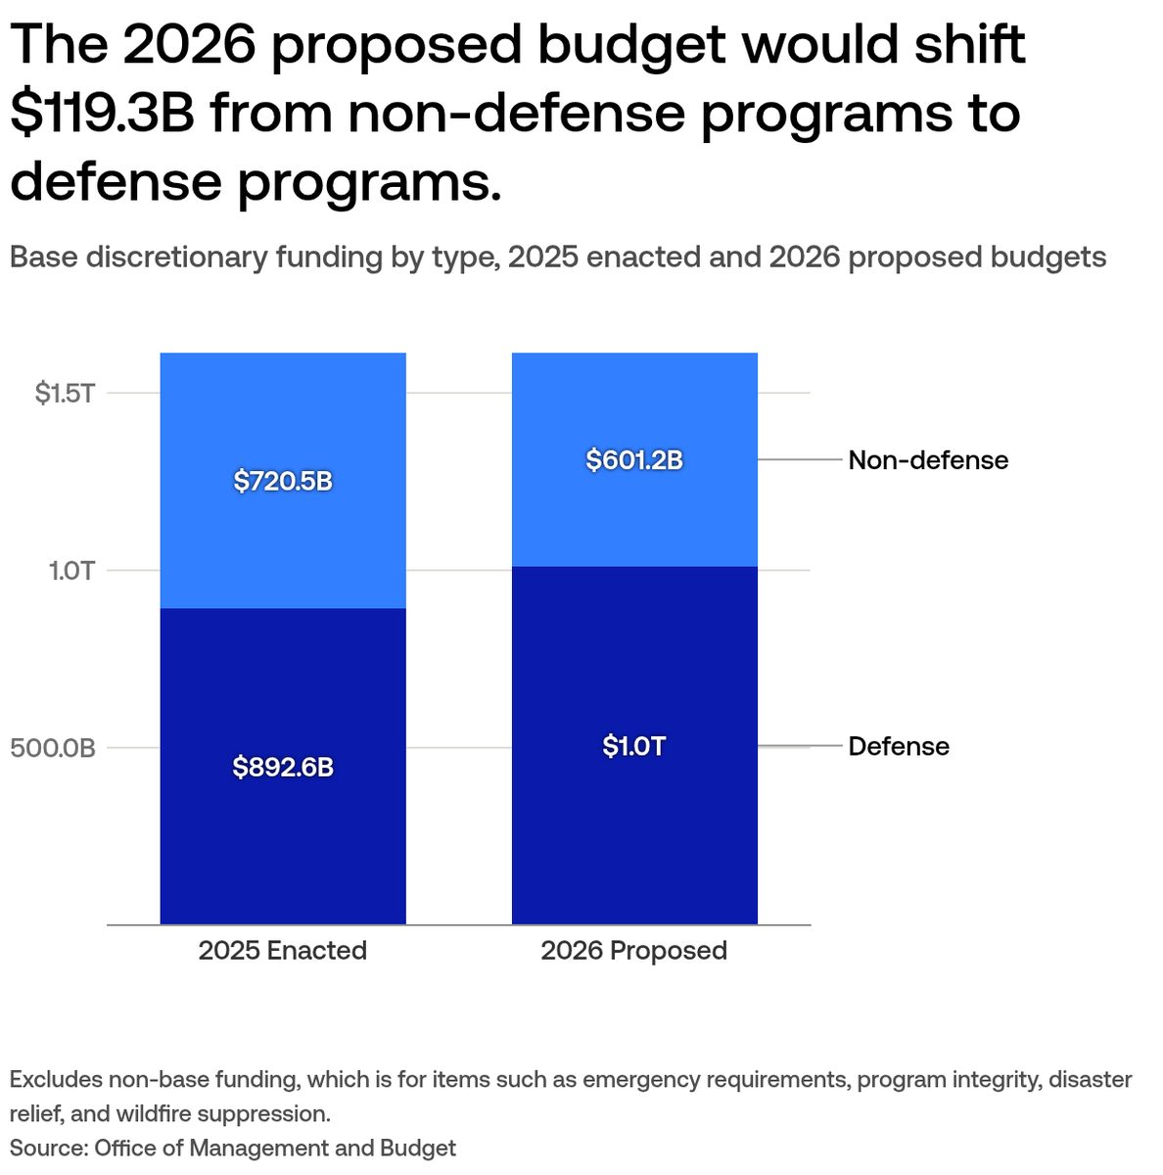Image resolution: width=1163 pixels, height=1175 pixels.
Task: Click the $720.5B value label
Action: pyautogui.click(x=283, y=482)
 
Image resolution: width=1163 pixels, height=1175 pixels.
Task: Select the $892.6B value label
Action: pyautogui.click(x=283, y=768)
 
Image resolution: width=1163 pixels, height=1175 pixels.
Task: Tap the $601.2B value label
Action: pyautogui.click(x=634, y=460)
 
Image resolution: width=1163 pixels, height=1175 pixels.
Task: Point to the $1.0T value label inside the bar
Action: pyautogui.click(x=634, y=747)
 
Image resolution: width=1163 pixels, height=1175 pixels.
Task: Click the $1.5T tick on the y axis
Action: pyautogui.click(x=65, y=394)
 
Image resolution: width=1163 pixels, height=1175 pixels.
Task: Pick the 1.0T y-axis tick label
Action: pyautogui.click(x=71, y=571)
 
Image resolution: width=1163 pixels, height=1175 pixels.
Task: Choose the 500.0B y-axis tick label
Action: pyautogui.click(x=53, y=749)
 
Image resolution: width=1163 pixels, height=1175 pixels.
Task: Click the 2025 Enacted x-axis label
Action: pyautogui.click(x=283, y=951)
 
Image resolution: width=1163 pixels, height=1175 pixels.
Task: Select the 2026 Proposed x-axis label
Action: pyautogui.click(x=634, y=951)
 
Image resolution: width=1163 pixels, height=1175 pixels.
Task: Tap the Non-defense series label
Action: pyautogui.click(x=928, y=460)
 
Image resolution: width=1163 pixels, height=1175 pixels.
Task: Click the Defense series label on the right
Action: pyautogui.click(x=899, y=747)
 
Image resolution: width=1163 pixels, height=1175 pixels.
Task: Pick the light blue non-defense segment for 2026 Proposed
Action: pyautogui.click(x=634, y=519)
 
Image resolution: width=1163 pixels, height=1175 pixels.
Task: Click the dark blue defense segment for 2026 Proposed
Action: pyautogui.click(x=634, y=842)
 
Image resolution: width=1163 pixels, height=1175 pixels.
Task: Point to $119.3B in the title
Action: pyautogui.click(x=103, y=113)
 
